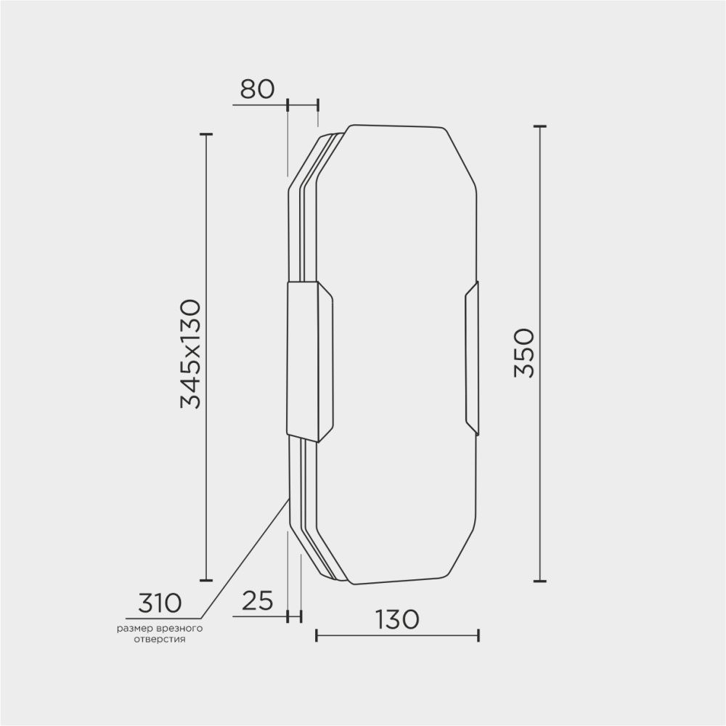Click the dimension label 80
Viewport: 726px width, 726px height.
pyautogui.click(x=257, y=89)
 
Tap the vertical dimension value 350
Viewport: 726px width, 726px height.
pyautogui.click(x=524, y=353)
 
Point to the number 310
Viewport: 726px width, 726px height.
pyautogui.click(x=159, y=602)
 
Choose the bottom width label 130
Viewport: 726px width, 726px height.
pyautogui.click(x=396, y=619)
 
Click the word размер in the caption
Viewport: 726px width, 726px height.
pyautogui.click(x=134, y=627)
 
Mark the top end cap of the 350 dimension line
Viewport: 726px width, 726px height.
pyautogui.click(x=539, y=126)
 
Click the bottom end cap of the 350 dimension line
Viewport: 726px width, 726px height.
pyautogui.click(x=539, y=581)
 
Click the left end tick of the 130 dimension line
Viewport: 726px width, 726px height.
pyautogui.click(x=317, y=636)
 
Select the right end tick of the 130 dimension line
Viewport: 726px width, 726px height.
pyautogui.click(x=478, y=636)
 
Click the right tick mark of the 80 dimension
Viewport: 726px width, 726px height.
pyautogui.click(x=318, y=106)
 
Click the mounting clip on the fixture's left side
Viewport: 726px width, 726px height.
pyautogui.click(x=309, y=361)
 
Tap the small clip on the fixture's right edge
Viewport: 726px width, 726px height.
pyautogui.click(x=472, y=358)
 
